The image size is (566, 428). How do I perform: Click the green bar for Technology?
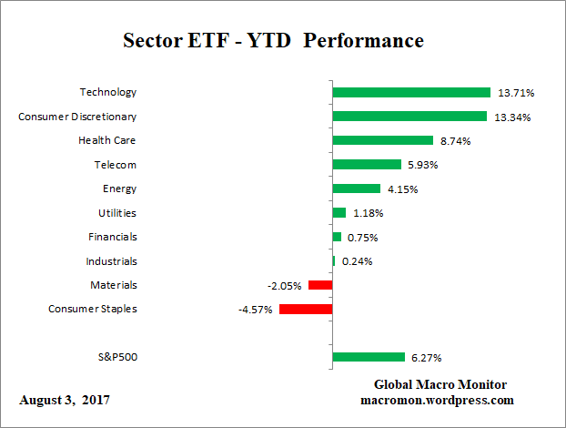click(x=411, y=92)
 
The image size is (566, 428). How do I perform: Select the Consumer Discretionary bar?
click(x=409, y=117)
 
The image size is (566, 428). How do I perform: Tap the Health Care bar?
click(x=382, y=140)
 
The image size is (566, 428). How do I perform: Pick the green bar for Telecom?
click(x=367, y=165)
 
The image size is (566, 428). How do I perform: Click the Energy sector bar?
click(x=356, y=189)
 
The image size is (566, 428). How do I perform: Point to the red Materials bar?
click(x=320, y=285)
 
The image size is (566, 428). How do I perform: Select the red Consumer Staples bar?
click(x=306, y=309)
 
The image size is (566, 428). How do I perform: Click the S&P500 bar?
click(x=369, y=357)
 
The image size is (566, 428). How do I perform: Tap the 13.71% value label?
click(x=515, y=93)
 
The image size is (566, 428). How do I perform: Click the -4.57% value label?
click(x=254, y=310)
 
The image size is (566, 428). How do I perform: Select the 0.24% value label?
click(x=357, y=261)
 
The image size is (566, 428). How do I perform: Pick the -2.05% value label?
click(x=284, y=286)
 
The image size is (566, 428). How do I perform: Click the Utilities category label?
click(x=116, y=212)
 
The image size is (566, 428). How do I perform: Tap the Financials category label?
click(x=114, y=237)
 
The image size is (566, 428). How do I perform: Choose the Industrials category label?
click(x=113, y=260)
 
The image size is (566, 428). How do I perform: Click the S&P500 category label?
click(x=116, y=357)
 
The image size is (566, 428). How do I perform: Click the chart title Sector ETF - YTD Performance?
click(x=273, y=41)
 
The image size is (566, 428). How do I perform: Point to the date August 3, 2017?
click(x=66, y=400)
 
